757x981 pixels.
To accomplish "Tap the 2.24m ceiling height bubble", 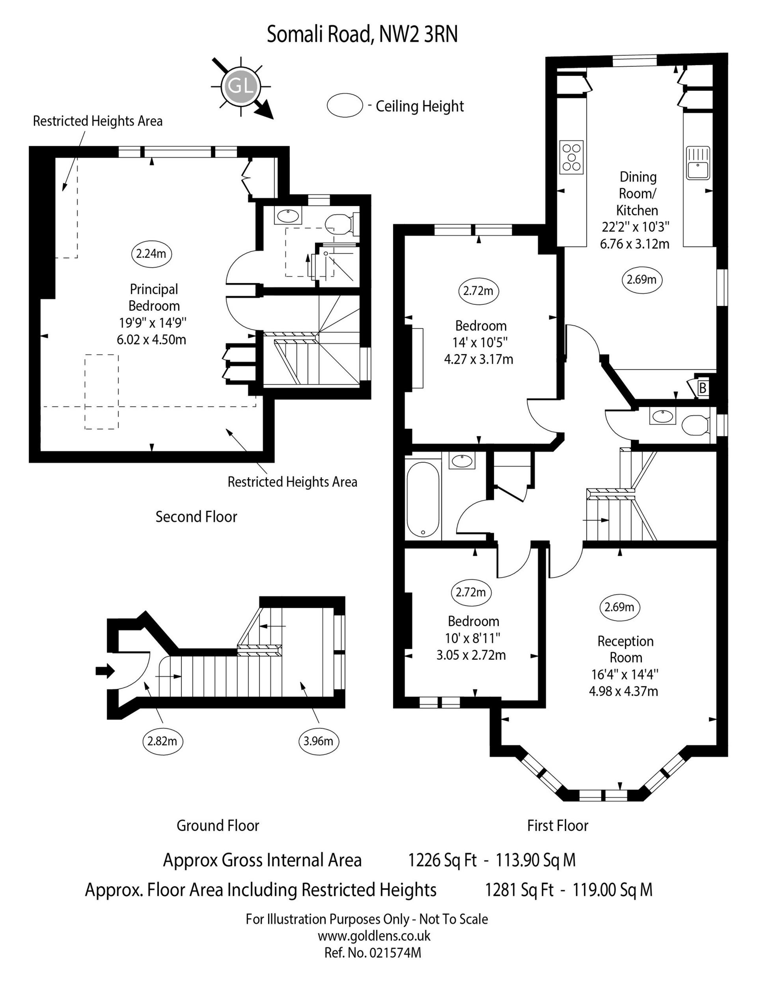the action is click(151, 254).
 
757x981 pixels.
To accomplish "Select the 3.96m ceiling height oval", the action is click(318, 741).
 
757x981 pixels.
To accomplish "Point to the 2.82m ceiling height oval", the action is click(162, 741).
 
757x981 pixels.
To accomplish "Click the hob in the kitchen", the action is click(572, 157).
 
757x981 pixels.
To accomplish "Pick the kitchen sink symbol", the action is click(697, 163).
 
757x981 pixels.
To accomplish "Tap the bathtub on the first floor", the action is click(423, 499).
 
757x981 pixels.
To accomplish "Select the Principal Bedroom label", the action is click(154, 297).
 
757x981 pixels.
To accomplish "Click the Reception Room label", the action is click(626, 649).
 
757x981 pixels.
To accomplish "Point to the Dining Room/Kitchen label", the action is click(637, 193).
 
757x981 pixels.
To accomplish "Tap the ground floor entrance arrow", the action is click(105, 671).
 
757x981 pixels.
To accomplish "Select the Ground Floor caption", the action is click(218, 825).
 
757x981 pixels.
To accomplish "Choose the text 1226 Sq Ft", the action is click(442, 860).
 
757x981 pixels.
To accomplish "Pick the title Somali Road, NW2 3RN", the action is click(362, 34).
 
